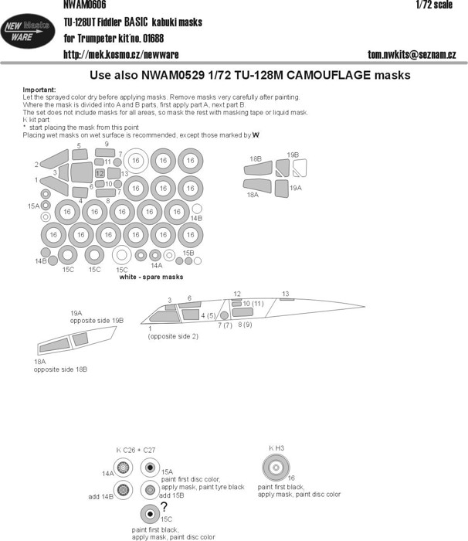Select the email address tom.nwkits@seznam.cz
[413, 54]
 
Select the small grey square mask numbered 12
[100, 173]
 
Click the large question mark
[164, 508]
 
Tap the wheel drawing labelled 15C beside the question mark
[147, 515]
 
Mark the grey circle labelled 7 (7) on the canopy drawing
[224, 315]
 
